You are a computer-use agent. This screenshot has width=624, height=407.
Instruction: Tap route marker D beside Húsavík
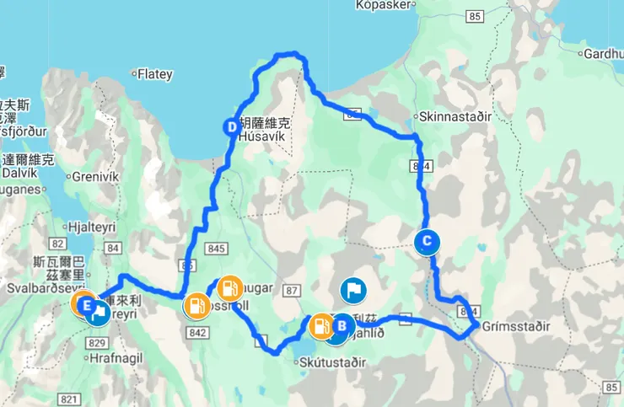[232, 127]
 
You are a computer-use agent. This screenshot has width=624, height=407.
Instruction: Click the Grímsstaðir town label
[514, 325]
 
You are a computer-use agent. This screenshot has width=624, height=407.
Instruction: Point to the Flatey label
[154, 74]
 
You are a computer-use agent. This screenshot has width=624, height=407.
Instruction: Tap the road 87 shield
[293, 291]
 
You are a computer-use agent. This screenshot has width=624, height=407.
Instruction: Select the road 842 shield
[199, 333]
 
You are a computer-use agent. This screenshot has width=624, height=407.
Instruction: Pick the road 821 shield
[70, 399]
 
